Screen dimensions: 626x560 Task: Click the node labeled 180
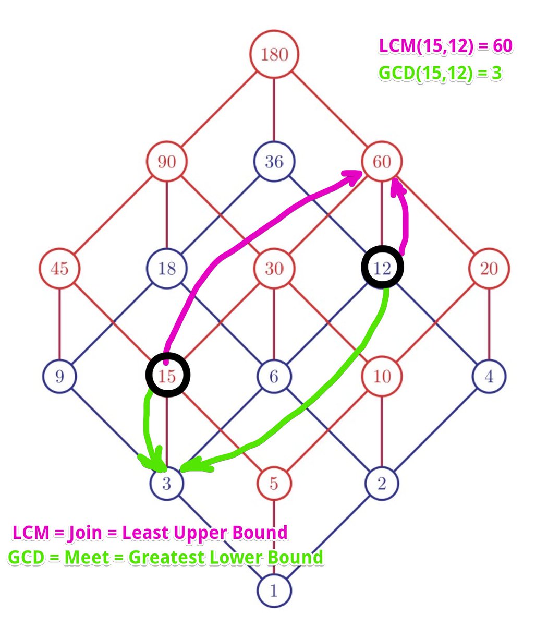pyautogui.click(x=274, y=54)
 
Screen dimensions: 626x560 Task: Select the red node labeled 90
pyautogui.click(x=166, y=162)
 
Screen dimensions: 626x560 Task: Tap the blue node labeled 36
pyautogui.click(x=274, y=162)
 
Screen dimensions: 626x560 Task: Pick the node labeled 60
pyautogui.click(x=382, y=162)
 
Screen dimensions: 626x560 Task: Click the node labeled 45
pyautogui.click(x=59, y=269)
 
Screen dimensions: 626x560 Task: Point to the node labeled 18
pyautogui.click(x=166, y=269)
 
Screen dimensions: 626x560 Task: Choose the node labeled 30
pyautogui.click(x=274, y=269)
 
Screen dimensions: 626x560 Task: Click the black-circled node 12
pyautogui.click(x=382, y=267)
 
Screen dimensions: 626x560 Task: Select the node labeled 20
pyautogui.click(x=489, y=269)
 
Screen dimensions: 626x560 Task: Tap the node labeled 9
pyautogui.click(x=59, y=376)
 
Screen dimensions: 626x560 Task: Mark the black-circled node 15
pyautogui.click(x=167, y=375)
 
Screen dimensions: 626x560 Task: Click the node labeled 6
pyautogui.click(x=274, y=376)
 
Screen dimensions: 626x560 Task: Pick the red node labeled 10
pyautogui.click(x=382, y=376)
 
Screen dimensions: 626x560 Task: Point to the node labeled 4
pyautogui.click(x=489, y=376)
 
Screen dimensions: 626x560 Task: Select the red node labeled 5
pyautogui.click(x=274, y=484)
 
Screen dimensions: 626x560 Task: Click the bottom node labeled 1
pyautogui.click(x=274, y=591)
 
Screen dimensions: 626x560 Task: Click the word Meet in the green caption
pyautogui.click(x=86, y=557)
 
